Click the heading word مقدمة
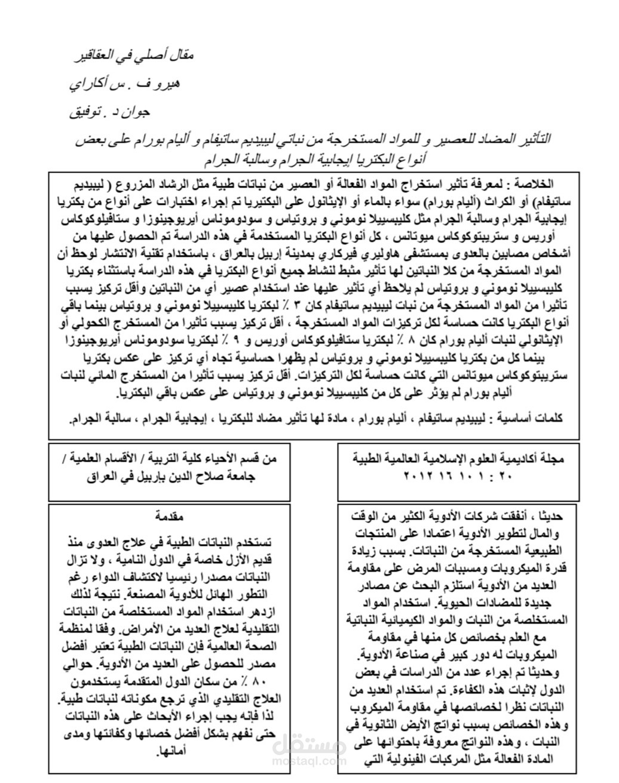168,515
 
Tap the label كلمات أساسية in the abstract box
536,417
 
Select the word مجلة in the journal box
553,459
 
